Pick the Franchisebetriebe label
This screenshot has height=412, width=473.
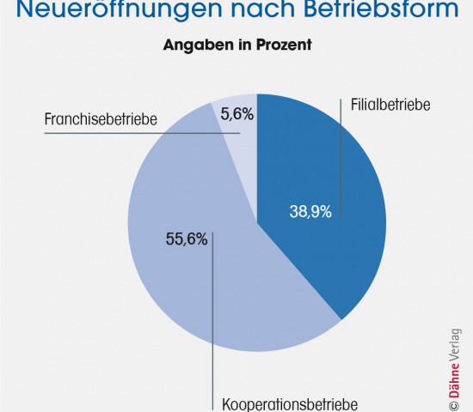pyautogui.click(x=101, y=119)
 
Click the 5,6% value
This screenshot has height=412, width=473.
pyautogui.click(x=236, y=112)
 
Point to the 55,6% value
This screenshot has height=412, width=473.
pyautogui.click(x=186, y=239)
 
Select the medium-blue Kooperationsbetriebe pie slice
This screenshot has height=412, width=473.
pyautogui.click(x=189, y=292)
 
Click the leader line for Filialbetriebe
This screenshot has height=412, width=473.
pyautogui.click(x=342, y=163)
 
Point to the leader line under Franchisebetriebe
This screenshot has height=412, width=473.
pyautogui.click(x=129, y=132)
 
